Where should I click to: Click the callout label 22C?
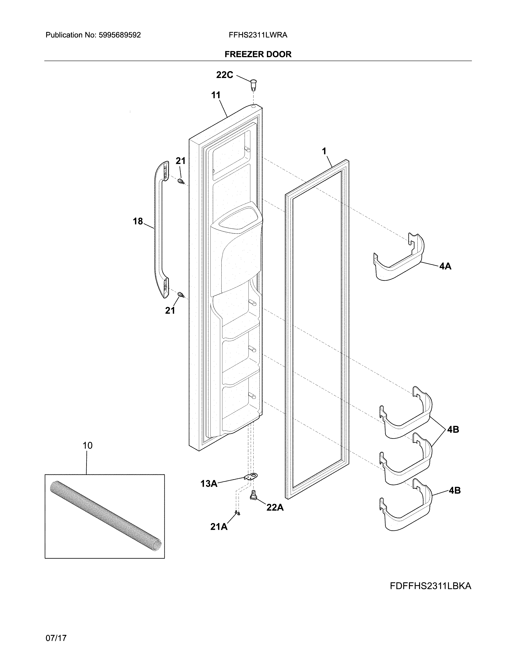[224, 75]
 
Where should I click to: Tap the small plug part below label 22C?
[253, 85]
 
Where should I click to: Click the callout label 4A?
[445, 266]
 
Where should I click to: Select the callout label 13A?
[209, 483]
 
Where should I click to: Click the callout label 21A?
[219, 527]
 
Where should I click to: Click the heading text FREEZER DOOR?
[258, 54]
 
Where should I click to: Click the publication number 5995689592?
[120, 35]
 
